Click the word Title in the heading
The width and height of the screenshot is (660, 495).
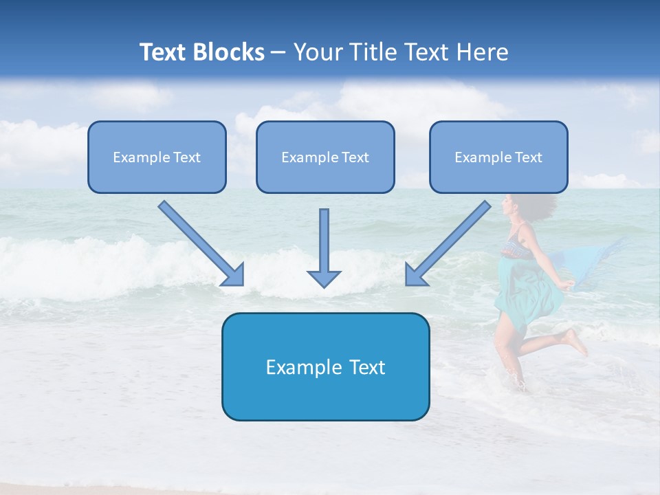(373, 52)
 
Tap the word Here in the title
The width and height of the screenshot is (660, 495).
(482, 52)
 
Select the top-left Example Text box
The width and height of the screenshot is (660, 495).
(157, 157)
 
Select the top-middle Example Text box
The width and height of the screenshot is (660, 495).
(325, 157)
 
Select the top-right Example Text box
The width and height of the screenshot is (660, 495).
(498, 157)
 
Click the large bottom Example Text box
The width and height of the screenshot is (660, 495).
(325, 367)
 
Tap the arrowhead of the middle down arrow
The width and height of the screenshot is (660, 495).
(324, 278)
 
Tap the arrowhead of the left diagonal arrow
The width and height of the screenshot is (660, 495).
(234, 275)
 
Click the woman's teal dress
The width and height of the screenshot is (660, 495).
(526, 289)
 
